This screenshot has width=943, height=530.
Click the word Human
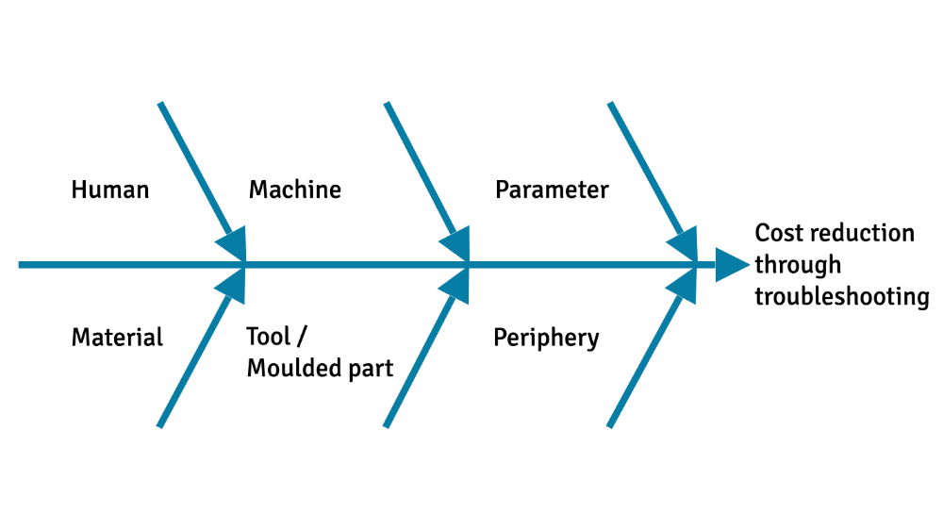tap(110, 190)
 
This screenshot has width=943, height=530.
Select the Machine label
tap(294, 190)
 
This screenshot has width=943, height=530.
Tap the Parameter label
tap(552, 190)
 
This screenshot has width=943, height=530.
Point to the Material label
tap(117, 337)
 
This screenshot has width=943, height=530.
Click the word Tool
tap(268, 337)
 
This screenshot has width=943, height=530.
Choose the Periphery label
tap(546, 338)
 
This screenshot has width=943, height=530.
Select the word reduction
tap(863, 233)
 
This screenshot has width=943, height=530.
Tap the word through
tap(798, 265)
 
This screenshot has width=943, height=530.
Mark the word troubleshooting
tap(842, 297)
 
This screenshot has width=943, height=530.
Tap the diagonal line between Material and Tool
tap(193, 363)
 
